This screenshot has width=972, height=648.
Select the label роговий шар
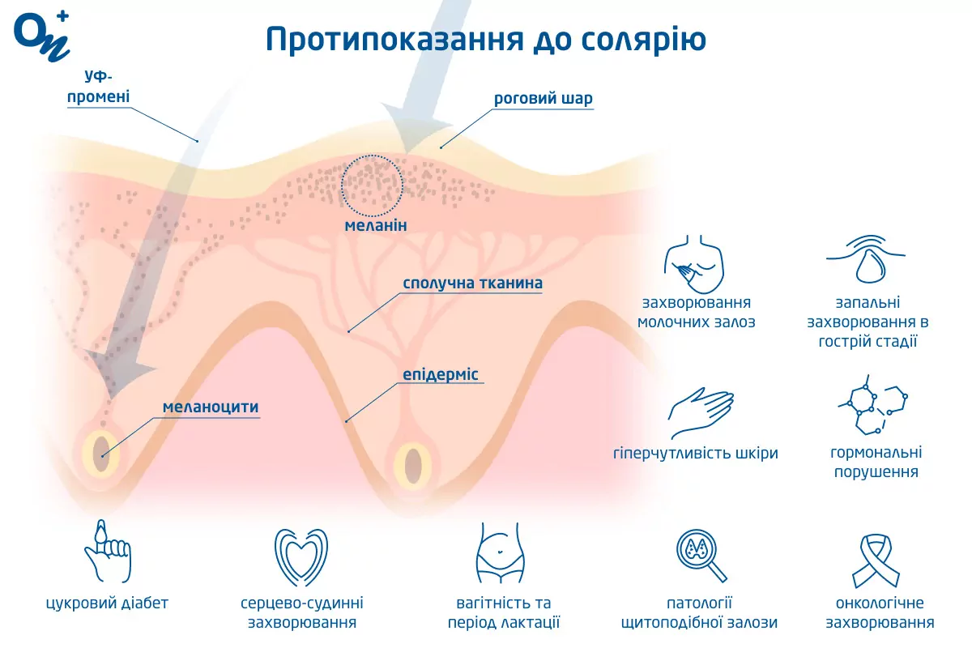point(544,99)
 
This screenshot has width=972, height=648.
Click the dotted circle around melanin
point(371,184)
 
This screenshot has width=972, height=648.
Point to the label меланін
point(375,224)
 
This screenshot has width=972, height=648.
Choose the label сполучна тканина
point(473,283)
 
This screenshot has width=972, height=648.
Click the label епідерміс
point(441,375)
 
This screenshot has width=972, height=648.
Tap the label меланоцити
point(211,407)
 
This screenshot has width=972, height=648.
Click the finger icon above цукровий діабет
point(106,551)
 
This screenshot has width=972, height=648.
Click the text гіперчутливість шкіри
point(696,453)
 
